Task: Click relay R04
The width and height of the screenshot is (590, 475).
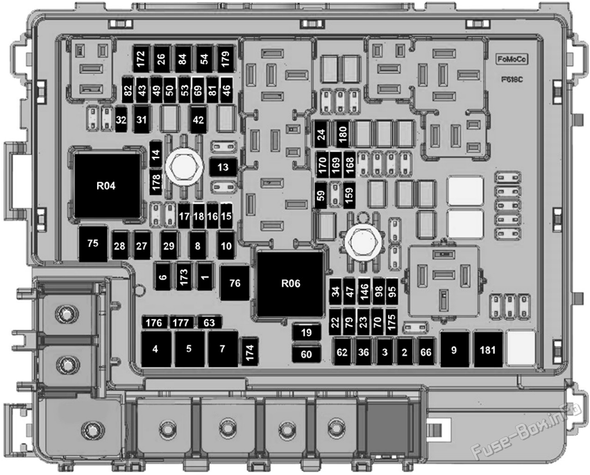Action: click(x=107, y=186)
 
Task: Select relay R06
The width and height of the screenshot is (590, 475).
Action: click(x=290, y=284)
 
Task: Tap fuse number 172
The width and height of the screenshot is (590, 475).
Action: click(x=141, y=59)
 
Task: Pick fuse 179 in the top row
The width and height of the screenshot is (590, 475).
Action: click(x=226, y=59)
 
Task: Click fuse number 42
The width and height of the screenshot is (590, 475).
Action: click(x=199, y=119)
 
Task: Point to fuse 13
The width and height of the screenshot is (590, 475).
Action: click(x=223, y=167)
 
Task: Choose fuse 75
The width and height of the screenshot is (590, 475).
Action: click(x=93, y=243)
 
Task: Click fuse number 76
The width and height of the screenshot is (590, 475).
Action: click(x=235, y=283)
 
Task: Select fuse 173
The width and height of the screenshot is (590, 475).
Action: click(x=184, y=277)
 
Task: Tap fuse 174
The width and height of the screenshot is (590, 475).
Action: click(x=250, y=352)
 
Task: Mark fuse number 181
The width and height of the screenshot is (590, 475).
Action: click(x=488, y=350)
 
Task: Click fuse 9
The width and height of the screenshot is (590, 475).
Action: click(x=455, y=350)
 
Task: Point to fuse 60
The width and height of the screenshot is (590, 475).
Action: click(x=307, y=354)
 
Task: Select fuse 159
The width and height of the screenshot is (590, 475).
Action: click(x=349, y=195)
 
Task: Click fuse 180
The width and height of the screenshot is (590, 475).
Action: click(x=343, y=134)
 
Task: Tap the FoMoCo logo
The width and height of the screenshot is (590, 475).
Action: click(x=512, y=59)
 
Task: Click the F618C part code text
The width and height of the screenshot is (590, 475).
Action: click(x=512, y=80)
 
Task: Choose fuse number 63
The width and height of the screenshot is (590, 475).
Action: click(x=209, y=322)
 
